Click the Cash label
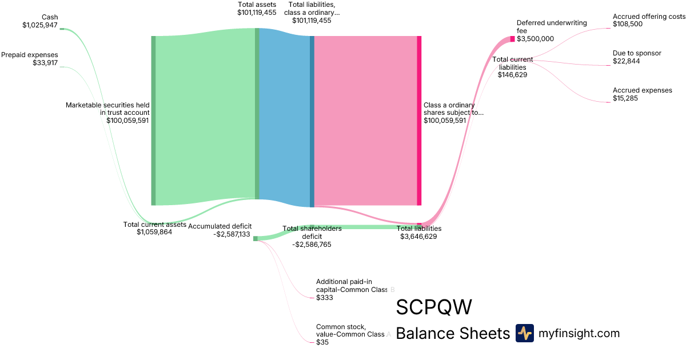point(50,17)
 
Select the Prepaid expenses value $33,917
point(45,63)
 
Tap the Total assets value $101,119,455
point(257,12)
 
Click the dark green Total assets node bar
point(257,114)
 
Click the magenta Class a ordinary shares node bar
point(419,120)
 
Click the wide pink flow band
point(366,120)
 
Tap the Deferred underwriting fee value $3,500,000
point(535,39)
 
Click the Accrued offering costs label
point(649,17)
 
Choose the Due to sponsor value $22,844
point(626,61)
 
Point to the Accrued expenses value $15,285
point(626,98)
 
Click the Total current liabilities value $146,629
point(512,75)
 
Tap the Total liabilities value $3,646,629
point(418,236)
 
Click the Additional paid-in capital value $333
point(325,298)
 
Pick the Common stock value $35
point(322,342)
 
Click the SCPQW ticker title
point(434,307)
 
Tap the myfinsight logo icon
point(524,333)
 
